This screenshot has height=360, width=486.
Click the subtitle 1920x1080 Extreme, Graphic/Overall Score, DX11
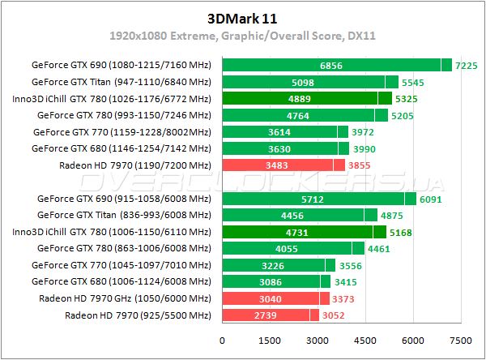(x=242, y=36)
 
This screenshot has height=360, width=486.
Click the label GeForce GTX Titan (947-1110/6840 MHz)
(x=121, y=82)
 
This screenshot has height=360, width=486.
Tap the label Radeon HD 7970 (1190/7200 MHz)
(x=134, y=165)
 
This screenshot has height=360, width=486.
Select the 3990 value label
(x=364, y=148)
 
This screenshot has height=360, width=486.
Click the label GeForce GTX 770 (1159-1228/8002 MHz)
(x=121, y=131)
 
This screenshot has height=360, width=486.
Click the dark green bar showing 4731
(x=297, y=232)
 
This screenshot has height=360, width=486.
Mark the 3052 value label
(x=335, y=315)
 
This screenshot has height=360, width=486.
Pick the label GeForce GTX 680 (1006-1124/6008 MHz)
(x=121, y=281)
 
